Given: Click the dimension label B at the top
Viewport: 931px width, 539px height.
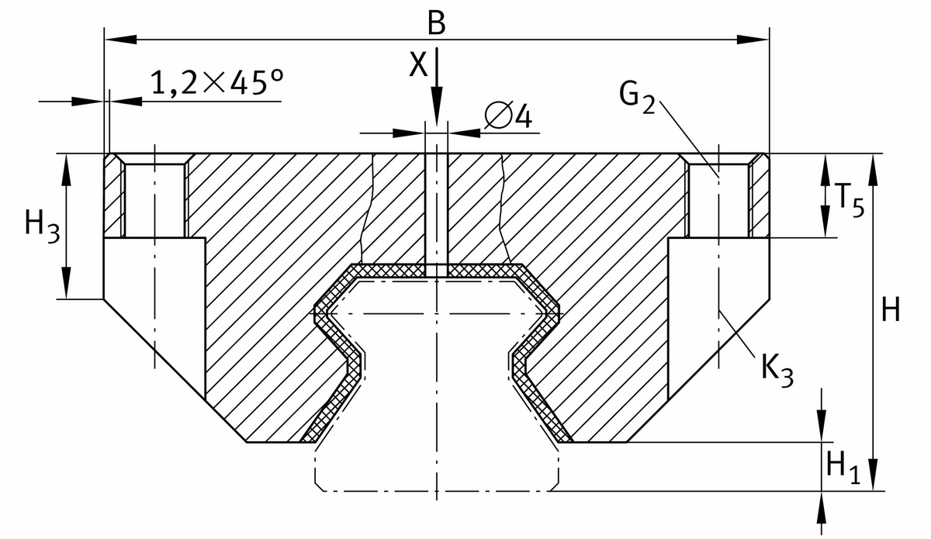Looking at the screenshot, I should tap(437, 22).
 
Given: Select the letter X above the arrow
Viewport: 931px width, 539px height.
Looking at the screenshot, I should tap(418, 65).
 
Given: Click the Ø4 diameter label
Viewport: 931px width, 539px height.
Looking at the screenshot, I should tap(508, 117).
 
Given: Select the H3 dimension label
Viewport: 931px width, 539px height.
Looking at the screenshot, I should tap(41, 226).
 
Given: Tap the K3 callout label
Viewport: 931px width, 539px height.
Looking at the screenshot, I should tap(777, 370).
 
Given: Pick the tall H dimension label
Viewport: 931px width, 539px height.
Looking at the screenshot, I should tap(891, 311).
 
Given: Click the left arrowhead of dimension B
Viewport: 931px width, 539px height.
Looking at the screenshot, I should tap(120, 38).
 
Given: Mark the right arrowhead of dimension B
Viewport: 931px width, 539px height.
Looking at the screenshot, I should tap(753, 38).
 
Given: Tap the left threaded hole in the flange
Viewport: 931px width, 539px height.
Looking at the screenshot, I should tap(154, 199).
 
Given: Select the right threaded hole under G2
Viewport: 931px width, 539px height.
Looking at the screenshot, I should tap(719, 199).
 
